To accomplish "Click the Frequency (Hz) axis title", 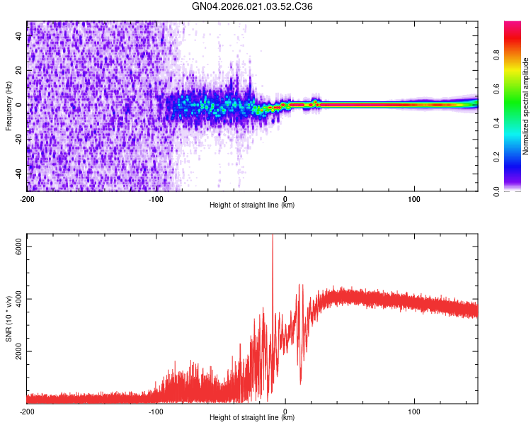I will pyautogui.click(x=8, y=106).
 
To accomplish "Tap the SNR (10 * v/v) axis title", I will pyautogui.click(x=8, y=317).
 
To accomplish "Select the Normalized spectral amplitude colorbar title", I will pyautogui.click(x=525, y=106).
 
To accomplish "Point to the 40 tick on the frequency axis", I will pyautogui.click(x=20, y=37).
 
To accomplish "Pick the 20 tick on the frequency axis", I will pyautogui.click(x=20, y=71).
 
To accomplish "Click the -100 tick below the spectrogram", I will pyautogui.click(x=156, y=198).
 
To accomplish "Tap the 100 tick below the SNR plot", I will pyautogui.click(x=414, y=410).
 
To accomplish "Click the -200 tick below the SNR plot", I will pyautogui.click(x=27, y=410).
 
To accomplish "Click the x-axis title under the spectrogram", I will pyautogui.click(x=252, y=205).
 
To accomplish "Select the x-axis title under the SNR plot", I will pyautogui.click(x=252, y=418).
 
